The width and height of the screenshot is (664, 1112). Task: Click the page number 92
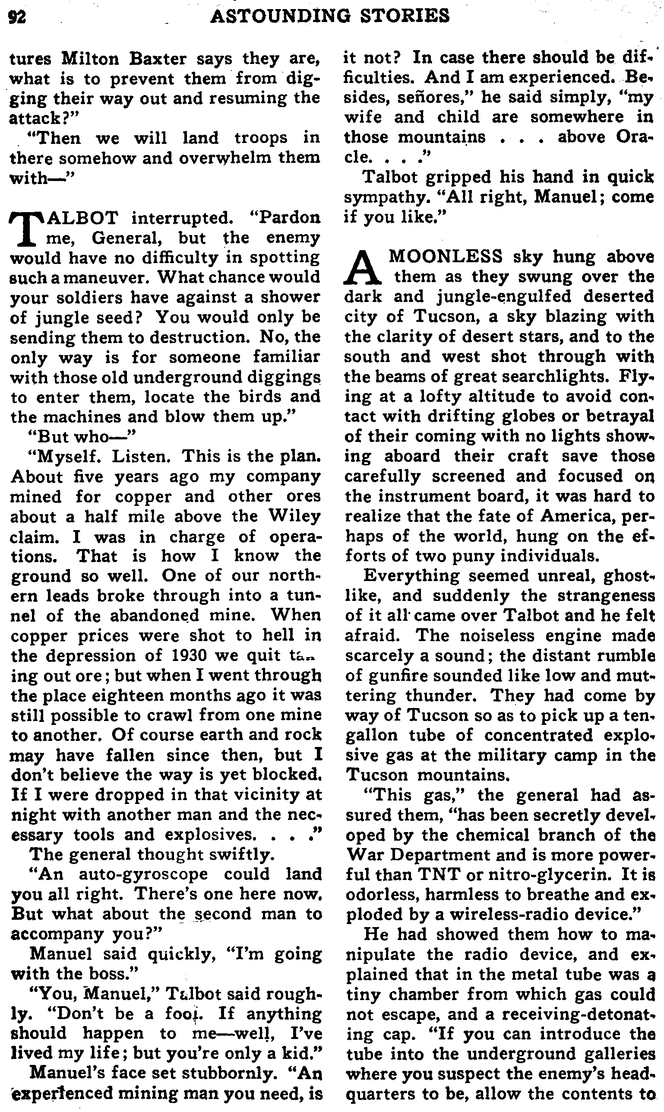18,16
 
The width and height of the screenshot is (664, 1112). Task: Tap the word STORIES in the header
406,16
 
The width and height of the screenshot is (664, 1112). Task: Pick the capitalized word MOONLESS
446,257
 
